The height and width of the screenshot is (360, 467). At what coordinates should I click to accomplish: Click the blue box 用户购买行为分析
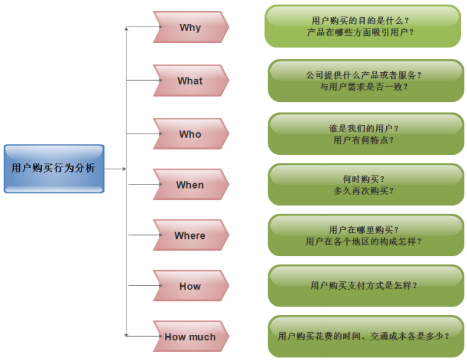pyautogui.click(x=54, y=169)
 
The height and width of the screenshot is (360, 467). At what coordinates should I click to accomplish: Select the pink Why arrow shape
pyautogui.click(x=190, y=28)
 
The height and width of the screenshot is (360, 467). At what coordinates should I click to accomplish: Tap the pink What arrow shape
pyautogui.click(x=190, y=81)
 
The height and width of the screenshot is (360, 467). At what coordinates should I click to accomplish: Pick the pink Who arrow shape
pyautogui.click(x=190, y=134)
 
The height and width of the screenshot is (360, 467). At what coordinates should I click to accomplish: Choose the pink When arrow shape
pyautogui.click(x=190, y=185)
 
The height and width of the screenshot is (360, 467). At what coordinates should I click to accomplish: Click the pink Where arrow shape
pyautogui.click(x=190, y=236)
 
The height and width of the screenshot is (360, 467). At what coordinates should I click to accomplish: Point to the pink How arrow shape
pyautogui.click(x=190, y=287)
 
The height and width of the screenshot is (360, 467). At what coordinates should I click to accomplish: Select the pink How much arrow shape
pyautogui.click(x=190, y=337)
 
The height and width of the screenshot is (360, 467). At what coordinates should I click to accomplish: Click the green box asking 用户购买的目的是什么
pyautogui.click(x=362, y=26)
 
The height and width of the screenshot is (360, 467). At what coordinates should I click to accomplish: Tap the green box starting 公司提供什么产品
pyautogui.click(x=366, y=81)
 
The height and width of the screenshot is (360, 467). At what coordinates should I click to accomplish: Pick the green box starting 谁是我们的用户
pyautogui.click(x=366, y=134)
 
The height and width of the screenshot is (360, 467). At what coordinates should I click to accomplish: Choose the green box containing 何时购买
pyautogui.click(x=366, y=185)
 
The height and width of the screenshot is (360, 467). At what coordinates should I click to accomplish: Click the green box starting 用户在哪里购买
pyautogui.click(x=366, y=236)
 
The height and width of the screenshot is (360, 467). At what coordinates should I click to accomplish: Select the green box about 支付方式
pyautogui.click(x=366, y=286)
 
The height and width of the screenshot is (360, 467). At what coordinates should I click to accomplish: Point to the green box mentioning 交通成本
pyautogui.click(x=366, y=336)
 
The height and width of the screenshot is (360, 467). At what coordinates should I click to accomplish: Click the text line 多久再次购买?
pyautogui.click(x=364, y=191)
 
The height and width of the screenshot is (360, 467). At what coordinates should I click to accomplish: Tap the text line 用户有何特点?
pyautogui.click(x=364, y=140)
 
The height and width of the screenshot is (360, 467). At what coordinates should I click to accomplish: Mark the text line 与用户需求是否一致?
pyautogui.click(x=364, y=87)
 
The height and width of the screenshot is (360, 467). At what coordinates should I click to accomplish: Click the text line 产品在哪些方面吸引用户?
pyautogui.click(x=361, y=32)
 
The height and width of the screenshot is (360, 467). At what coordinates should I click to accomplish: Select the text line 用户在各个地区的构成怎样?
pyautogui.click(x=364, y=242)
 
